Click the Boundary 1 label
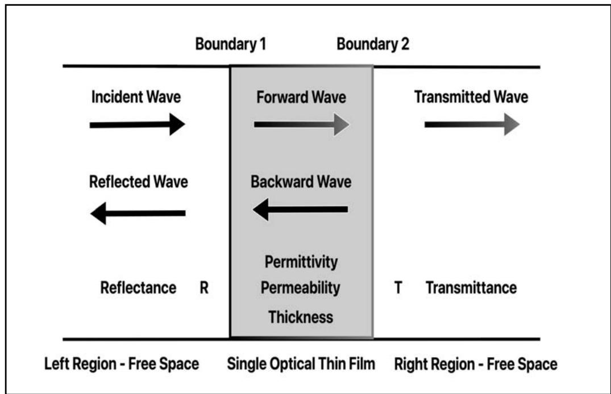click(230, 45)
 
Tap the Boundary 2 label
click(372, 45)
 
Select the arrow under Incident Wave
click(137, 124)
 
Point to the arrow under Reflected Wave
click(138, 213)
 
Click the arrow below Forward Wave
click(301, 124)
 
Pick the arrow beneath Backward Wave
click(300, 209)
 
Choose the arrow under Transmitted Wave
click(471, 124)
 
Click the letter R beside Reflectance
click(204, 288)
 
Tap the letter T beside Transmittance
click(399, 288)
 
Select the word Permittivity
click(301, 262)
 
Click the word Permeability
click(301, 288)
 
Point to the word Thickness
click(301, 316)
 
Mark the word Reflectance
click(138, 288)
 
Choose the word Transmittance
click(471, 288)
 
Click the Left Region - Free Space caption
click(122, 364)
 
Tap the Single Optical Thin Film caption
click(301, 364)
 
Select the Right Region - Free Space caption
click(475, 364)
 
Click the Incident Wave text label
click(136, 97)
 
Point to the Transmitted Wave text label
click(471, 97)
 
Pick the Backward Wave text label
click(301, 182)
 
